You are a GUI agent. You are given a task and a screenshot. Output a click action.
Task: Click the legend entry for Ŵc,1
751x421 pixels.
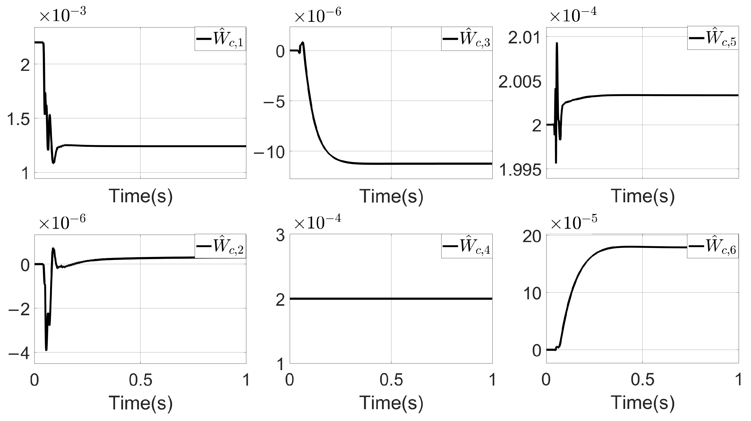click(x=220, y=39)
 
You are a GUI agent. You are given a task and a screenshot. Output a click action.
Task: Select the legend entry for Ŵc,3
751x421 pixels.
click(x=467, y=39)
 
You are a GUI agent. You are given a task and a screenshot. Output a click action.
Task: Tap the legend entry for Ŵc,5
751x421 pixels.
click(x=713, y=39)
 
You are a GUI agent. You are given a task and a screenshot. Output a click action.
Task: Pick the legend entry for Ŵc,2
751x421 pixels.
click(x=220, y=246)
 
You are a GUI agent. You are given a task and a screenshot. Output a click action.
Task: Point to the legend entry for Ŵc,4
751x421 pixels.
click(x=467, y=246)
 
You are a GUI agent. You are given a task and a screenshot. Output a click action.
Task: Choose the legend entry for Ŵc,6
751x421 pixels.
click(x=713, y=246)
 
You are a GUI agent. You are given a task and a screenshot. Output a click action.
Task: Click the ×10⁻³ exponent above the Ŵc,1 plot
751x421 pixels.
click(x=63, y=15)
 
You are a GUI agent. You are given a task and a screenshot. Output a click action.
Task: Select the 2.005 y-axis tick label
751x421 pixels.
click(x=520, y=82)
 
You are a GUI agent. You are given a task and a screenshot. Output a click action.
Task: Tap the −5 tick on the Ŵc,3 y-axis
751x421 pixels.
click(x=274, y=102)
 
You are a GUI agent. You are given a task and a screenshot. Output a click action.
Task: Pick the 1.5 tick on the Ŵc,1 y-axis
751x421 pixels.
click(x=18, y=119)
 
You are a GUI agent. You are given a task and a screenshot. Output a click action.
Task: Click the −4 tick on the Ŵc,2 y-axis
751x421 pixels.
click(x=19, y=354)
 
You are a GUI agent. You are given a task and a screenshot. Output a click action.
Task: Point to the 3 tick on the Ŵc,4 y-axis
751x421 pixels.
click(x=280, y=235)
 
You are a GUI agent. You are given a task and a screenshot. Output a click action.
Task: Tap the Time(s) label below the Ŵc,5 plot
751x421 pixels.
click(x=643, y=196)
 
